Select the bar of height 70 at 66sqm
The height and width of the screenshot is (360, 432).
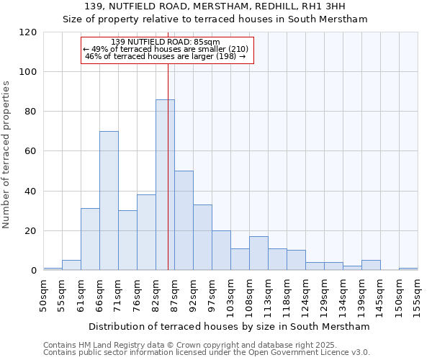[109, 201]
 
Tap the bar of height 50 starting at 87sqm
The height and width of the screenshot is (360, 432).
[184, 220]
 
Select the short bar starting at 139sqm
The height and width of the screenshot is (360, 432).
[371, 265]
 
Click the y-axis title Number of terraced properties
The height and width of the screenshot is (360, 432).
[7, 155]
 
